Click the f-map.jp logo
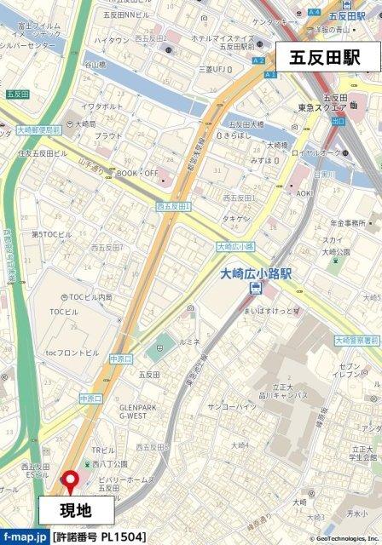pyautogui.click(x=25, y=537)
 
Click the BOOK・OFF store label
pyautogui.click(x=136, y=173)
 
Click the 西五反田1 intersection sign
pyautogui.click(x=174, y=206)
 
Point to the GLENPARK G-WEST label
pyautogui.click(x=138, y=411)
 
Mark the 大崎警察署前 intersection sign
pyautogui.click(x=357, y=340)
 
